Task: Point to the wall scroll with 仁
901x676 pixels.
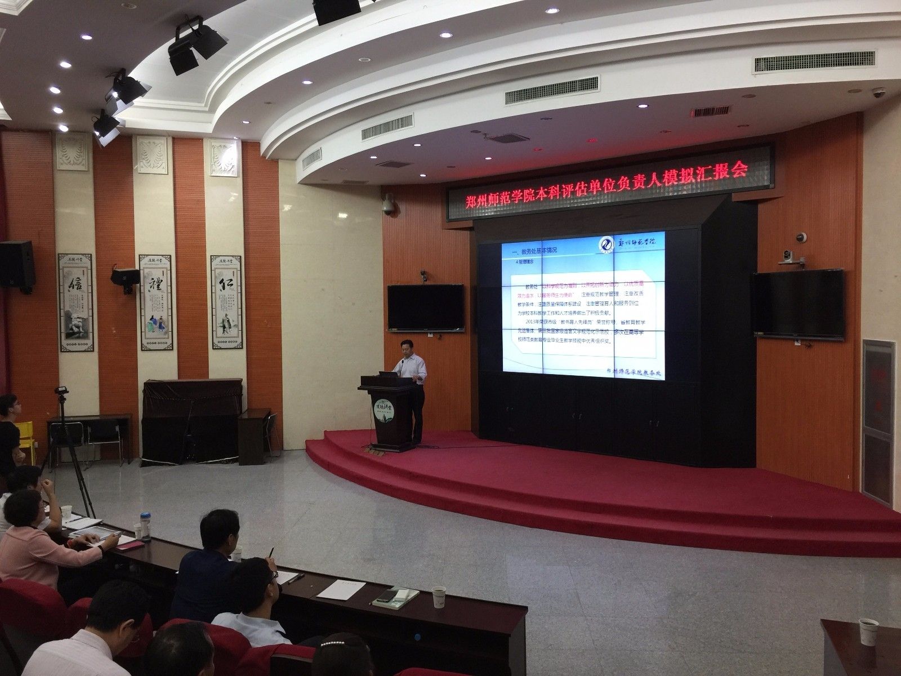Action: [x=228, y=301]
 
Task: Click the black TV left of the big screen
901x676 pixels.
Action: [x=425, y=308]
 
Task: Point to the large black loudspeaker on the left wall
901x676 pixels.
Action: [x=16, y=267]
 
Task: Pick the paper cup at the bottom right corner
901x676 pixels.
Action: [x=867, y=630]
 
